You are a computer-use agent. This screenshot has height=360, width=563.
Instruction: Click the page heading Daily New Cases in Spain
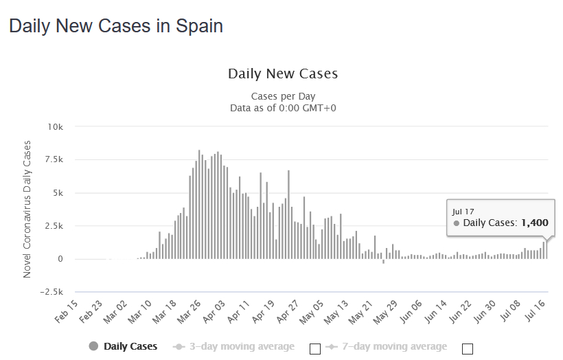point(115,27)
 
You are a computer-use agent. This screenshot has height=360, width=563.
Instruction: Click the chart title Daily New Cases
point(283,74)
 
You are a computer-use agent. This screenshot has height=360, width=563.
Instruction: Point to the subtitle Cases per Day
point(283,96)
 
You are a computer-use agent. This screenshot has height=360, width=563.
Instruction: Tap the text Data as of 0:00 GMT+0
point(283,108)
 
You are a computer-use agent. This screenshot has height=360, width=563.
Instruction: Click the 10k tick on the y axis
point(55,127)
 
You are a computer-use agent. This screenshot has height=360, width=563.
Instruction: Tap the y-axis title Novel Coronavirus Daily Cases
point(27,209)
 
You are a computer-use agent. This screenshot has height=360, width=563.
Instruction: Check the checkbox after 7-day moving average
point(468,348)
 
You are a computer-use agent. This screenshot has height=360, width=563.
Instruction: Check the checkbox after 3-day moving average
point(315,348)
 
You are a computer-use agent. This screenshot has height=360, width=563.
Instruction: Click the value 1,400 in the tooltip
point(535,223)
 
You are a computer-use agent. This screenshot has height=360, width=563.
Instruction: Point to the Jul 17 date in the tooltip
point(463,211)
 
